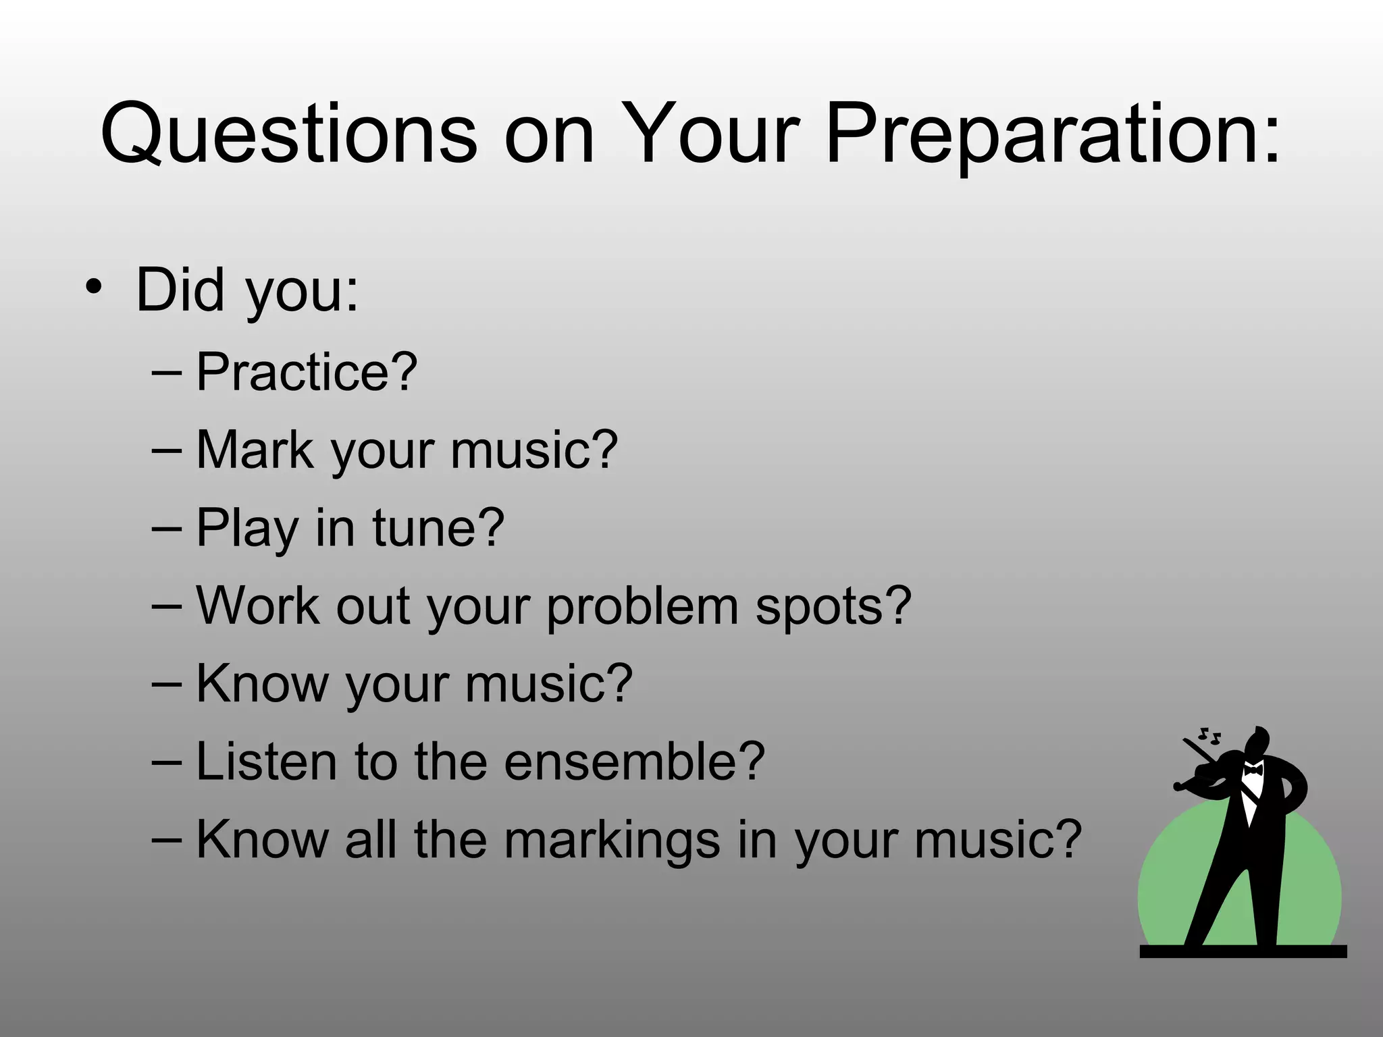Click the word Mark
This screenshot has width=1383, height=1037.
(255, 450)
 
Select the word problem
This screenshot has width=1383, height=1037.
(642, 606)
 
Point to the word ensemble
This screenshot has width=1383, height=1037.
(634, 761)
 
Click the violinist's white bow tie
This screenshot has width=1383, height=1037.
(1253, 769)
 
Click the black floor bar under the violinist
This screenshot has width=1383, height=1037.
(1243, 951)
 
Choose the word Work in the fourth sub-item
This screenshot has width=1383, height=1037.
(257, 606)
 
